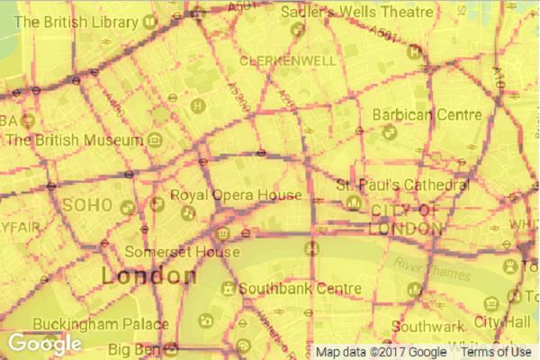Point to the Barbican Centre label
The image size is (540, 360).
tap(428, 114)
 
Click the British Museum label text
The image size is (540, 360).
tap(75, 140)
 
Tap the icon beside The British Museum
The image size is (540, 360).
tap(155, 140)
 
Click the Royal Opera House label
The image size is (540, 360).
tap(236, 195)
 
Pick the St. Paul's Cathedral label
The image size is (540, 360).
tap(402, 184)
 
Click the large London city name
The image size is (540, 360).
tap(148, 275)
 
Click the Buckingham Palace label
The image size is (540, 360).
tap(100, 324)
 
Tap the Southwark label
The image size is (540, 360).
tap(428, 327)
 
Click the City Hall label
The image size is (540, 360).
tap(504, 321)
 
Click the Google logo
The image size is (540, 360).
tap(46, 344)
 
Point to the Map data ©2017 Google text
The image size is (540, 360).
tap(381, 352)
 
